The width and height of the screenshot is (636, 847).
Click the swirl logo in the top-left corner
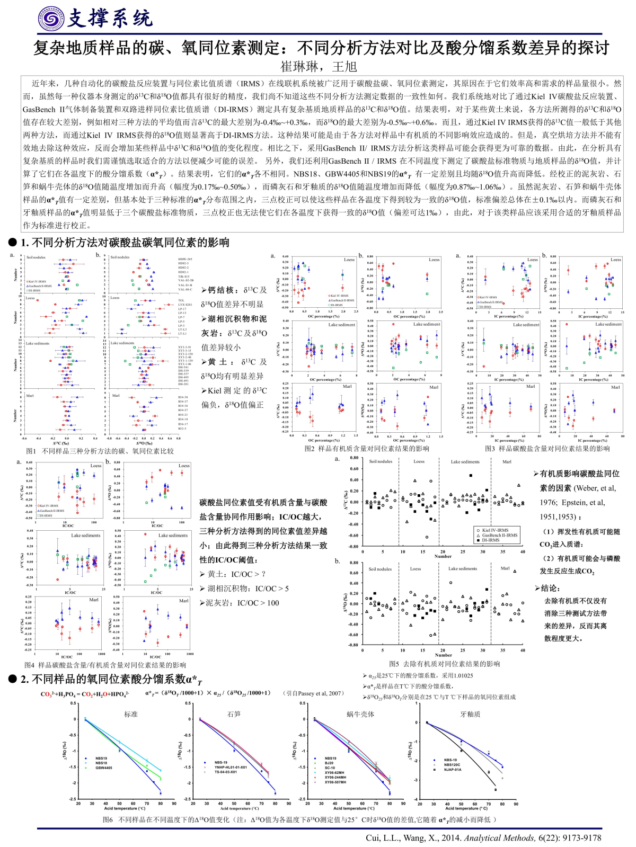[51, 18]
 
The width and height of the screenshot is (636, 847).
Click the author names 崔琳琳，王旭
[319, 67]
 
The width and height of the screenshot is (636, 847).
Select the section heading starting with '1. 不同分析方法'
[125, 243]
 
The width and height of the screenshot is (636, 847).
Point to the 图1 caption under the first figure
[100, 451]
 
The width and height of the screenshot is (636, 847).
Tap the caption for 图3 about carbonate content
[547, 449]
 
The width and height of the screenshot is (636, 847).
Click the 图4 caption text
[105, 665]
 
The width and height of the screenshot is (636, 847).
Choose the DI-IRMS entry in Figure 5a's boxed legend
[490, 540]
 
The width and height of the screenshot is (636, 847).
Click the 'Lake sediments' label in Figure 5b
[463, 569]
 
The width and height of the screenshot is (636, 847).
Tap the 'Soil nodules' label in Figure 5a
[381, 461]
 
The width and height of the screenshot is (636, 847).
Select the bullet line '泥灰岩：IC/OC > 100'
[242, 603]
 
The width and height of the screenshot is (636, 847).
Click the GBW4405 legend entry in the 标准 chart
[104, 768]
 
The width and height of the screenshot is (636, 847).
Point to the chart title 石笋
[234, 714]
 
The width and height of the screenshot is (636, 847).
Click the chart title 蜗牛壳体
[360, 714]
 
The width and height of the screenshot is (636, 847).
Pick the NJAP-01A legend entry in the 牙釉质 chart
[453, 770]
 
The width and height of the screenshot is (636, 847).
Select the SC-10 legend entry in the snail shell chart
[330, 768]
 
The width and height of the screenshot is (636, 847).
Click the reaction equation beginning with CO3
[85, 694]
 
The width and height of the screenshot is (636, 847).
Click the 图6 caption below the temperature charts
[299, 819]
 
